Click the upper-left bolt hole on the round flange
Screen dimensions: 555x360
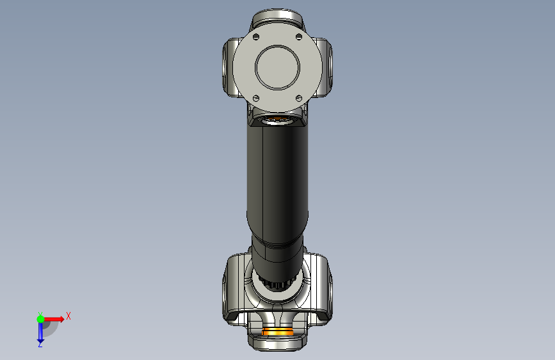(x=256, y=37)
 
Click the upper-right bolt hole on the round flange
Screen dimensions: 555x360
(x=299, y=37)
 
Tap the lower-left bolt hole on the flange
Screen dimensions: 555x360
(x=256, y=98)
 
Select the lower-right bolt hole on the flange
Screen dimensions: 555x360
(x=299, y=98)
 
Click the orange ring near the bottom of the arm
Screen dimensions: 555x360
(x=278, y=332)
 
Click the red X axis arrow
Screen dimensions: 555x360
(x=53, y=319)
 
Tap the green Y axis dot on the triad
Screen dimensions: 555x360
(x=40, y=319)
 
